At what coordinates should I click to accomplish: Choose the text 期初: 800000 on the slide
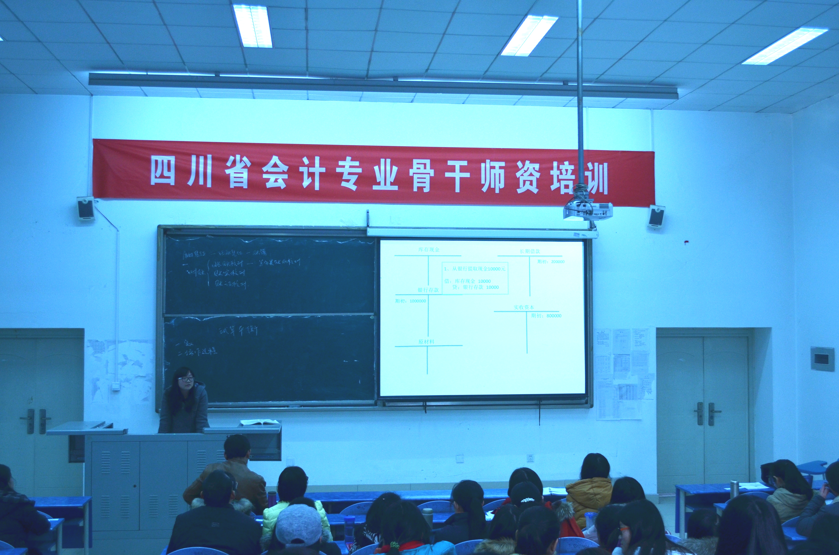546,315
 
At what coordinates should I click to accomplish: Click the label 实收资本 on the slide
524,307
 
